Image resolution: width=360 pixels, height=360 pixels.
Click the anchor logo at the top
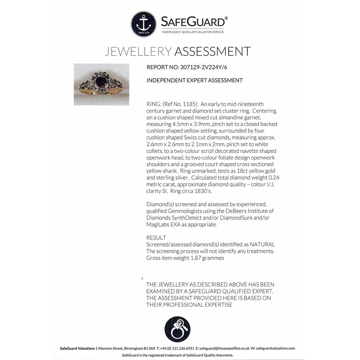(x=144, y=24)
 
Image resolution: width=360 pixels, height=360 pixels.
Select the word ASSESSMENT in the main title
(x=212, y=51)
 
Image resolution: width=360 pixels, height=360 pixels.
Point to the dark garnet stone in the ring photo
(x=101, y=81)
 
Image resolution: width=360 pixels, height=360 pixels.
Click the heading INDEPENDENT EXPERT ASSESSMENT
(x=194, y=80)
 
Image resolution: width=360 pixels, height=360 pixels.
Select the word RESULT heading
(x=156, y=238)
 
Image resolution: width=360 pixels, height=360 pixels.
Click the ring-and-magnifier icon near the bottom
(x=177, y=328)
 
